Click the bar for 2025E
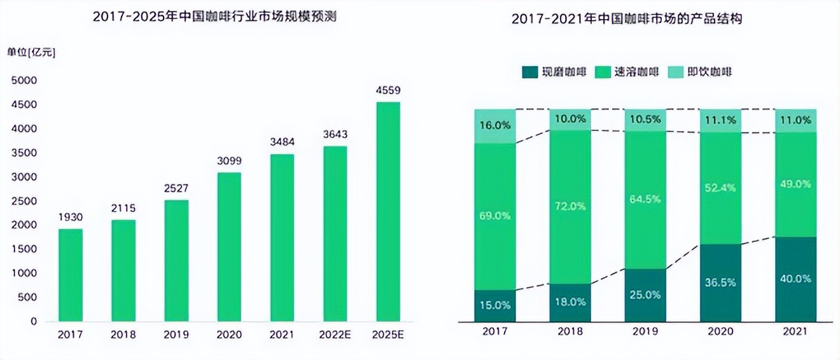388,211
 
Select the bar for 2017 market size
71,275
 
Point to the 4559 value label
388,90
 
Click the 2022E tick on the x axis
335,333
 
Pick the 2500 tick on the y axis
24,201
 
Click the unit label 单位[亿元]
31,53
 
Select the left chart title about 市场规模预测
214,17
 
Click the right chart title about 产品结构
627,20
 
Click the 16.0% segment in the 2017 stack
494,126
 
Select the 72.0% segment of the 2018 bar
570,207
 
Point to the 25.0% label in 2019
645,295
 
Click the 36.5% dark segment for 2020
720,282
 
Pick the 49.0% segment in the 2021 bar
795,184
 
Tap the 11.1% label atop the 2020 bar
720,120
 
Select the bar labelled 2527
176,261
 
